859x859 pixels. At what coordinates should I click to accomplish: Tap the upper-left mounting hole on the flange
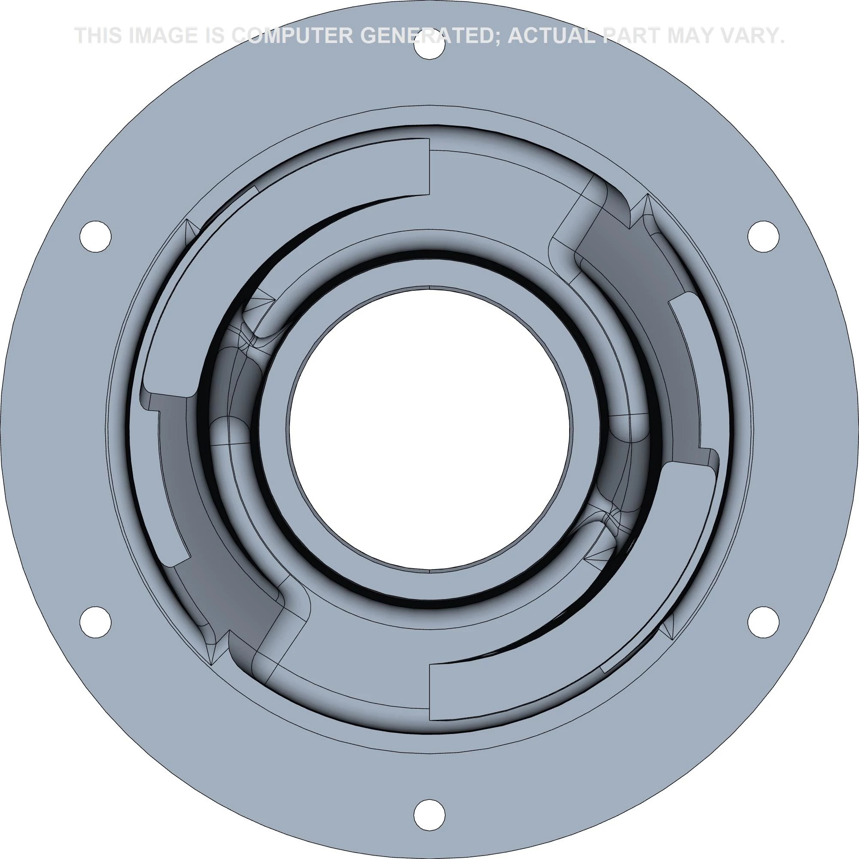tap(96, 236)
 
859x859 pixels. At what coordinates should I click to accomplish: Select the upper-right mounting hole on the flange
tap(763, 236)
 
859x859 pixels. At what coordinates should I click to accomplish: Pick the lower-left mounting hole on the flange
tap(96, 621)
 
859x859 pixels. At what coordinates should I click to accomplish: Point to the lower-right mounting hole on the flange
tap(763, 621)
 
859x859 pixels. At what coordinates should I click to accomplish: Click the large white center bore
tap(429, 429)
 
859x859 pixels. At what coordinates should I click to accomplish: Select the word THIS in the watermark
tap(98, 36)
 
